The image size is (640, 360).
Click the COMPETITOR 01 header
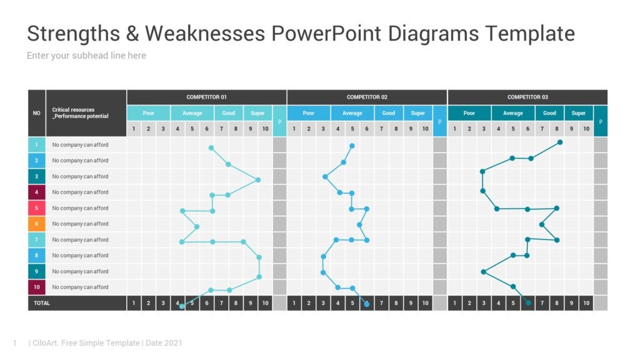coord(206,97)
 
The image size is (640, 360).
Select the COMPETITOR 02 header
coord(367,97)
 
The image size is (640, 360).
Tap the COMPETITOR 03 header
coord(527,97)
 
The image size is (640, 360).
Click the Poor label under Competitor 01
coord(148,113)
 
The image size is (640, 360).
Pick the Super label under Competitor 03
coord(579,113)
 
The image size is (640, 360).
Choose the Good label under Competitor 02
coord(389,113)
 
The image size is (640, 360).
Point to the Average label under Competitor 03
coord(513,113)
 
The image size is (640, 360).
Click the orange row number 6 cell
coord(36,224)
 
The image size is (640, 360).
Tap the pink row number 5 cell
coord(36,208)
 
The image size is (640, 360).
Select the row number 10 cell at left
coord(36,287)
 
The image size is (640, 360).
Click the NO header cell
coord(36,113)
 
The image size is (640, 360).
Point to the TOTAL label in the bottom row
coord(42,303)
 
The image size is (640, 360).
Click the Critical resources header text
coord(80,113)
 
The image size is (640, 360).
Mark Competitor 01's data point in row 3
coord(258,180)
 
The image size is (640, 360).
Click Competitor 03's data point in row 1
coord(560,142)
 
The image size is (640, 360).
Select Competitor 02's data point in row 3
coord(325,176)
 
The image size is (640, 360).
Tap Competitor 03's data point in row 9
coord(484,271)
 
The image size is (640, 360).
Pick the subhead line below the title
coord(86,56)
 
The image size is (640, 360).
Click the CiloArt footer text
coord(105,343)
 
